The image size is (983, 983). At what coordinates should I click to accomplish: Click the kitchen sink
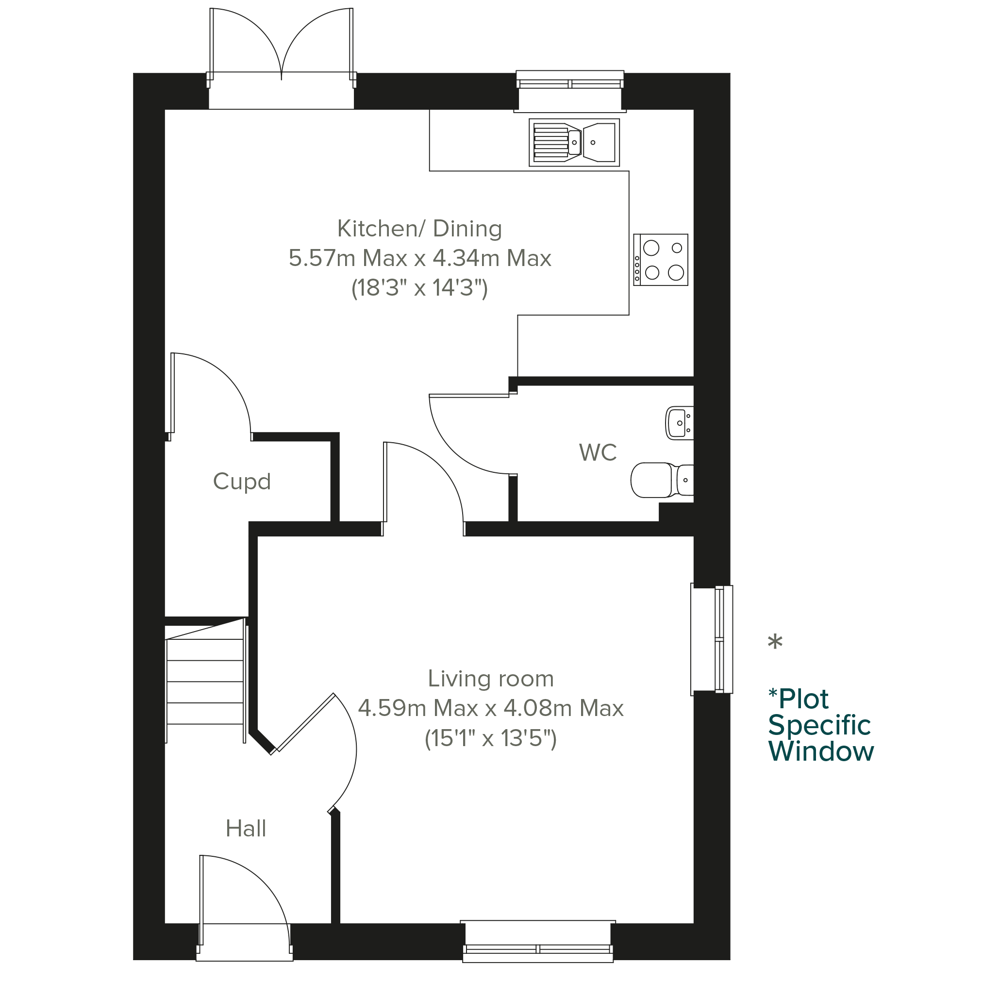pyautogui.click(x=574, y=142)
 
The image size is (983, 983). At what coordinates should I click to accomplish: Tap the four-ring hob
pyautogui.click(x=660, y=260)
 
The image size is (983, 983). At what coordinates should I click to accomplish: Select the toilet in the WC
pyautogui.click(x=662, y=480)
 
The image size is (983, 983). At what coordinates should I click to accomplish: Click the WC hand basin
pyautogui.click(x=680, y=423)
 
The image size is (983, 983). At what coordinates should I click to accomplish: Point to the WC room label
pyautogui.click(x=598, y=452)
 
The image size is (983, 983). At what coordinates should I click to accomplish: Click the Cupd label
pyautogui.click(x=242, y=482)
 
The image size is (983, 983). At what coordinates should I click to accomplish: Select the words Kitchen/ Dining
pyautogui.click(x=420, y=229)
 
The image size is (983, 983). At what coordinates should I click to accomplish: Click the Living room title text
pyautogui.click(x=490, y=678)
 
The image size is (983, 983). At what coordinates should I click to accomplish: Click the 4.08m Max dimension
pyautogui.click(x=564, y=708)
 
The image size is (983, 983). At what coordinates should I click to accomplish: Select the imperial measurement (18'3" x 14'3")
pyautogui.click(x=420, y=288)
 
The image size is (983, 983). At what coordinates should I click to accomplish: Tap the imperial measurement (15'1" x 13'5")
pyautogui.click(x=490, y=738)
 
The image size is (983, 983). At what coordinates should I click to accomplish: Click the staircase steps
pyautogui.click(x=205, y=681)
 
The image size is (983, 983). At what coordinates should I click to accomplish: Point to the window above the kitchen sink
pyautogui.click(x=570, y=91)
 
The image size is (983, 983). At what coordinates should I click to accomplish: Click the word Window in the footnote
pyautogui.click(x=821, y=751)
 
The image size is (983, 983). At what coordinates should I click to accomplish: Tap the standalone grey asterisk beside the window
pyautogui.click(x=775, y=642)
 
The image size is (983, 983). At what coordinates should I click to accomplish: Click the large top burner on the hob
pyautogui.click(x=651, y=248)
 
